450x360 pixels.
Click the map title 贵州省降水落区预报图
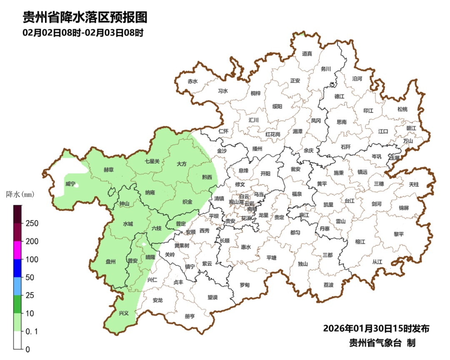pos(85,17)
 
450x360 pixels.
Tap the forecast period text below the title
pos(83,32)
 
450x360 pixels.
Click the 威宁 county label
pos(70,184)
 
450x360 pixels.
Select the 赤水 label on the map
pos(192,81)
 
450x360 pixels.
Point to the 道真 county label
pos(307,53)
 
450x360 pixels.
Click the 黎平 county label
pos(399,234)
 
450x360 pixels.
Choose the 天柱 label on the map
pos(414,184)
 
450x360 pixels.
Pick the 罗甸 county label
pos(245,285)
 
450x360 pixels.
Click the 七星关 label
pos(152,161)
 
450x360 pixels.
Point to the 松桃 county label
pos(402,109)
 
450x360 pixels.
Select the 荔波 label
pos(328,285)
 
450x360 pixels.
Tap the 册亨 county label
pos(190,316)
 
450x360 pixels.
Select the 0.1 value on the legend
pos(32,332)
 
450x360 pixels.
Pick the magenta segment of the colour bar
pos(17,250)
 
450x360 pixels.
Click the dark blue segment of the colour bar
pos(17,268)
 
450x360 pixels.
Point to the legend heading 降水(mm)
pos(20,194)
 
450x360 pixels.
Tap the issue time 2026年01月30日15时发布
pos(376,329)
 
